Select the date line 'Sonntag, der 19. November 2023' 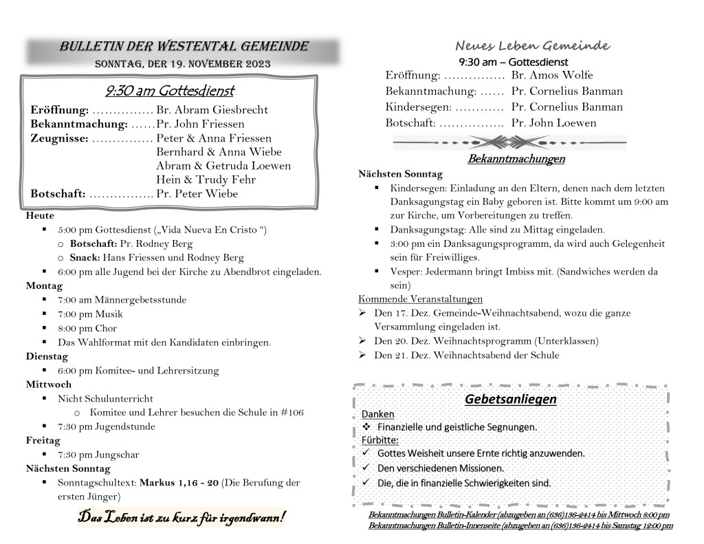click(183, 64)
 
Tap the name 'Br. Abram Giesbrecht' click(212, 110)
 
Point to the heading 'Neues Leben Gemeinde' click(532, 46)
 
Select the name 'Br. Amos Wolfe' click(552, 75)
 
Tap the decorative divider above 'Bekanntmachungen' click(509, 142)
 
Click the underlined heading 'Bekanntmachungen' click(516, 160)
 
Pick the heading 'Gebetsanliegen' click(510, 400)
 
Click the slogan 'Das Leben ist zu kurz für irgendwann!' click(181, 517)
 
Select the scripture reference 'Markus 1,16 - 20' click(179, 483)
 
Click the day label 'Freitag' click(43, 440)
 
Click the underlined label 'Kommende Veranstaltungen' click(420, 299)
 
